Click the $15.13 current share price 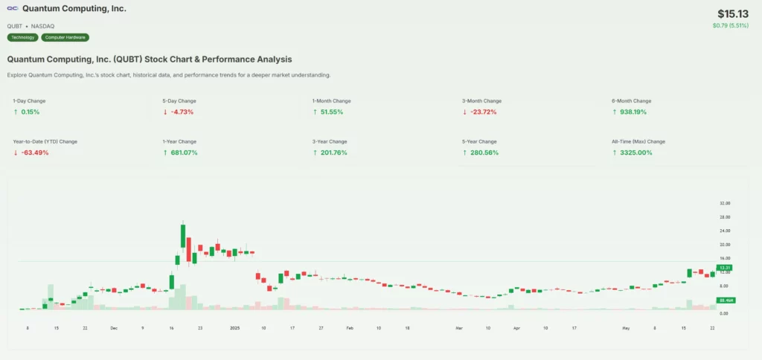pyautogui.click(x=734, y=14)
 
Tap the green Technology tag pyautogui.click(x=22, y=37)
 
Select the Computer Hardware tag pyautogui.click(x=65, y=37)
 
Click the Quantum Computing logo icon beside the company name pyautogui.click(x=13, y=9)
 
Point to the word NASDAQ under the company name pyautogui.click(x=43, y=26)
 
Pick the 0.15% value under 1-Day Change pyautogui.click(x=30, y=112)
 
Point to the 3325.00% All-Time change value pyautogui.click(x=635, y=152)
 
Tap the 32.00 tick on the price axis pyautogui.click(x=724, y=203)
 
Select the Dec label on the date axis pyautogui.click(x=113, y=327)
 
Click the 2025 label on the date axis pyautogui.click(x=234, y=327)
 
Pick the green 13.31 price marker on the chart pyautogui.click(x=723, y=268)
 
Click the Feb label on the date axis pyautogui.click(x=350, y=327)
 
